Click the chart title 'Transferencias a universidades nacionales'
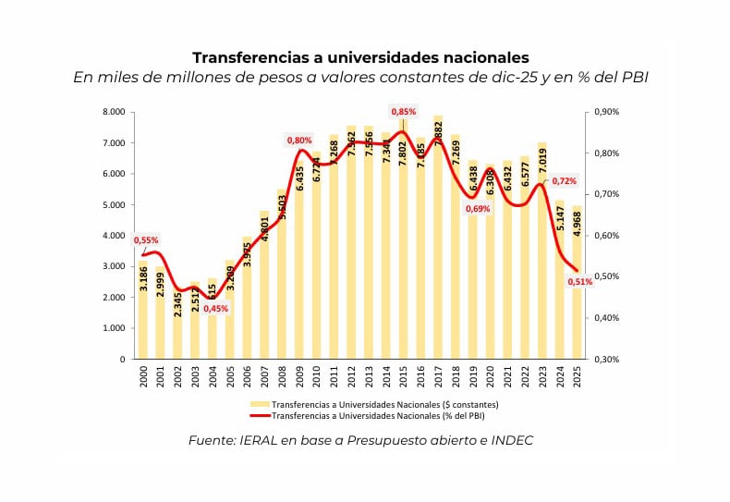[360, 57]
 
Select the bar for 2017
[438, 240]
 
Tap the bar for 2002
[177, 324]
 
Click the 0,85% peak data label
[403, 112]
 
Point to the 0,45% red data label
[215, 309]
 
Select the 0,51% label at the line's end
[580, 282]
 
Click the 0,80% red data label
[299, 141]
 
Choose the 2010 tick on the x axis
[316, 376]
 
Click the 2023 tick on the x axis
[542, 376]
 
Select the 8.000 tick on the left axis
[114, 112]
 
